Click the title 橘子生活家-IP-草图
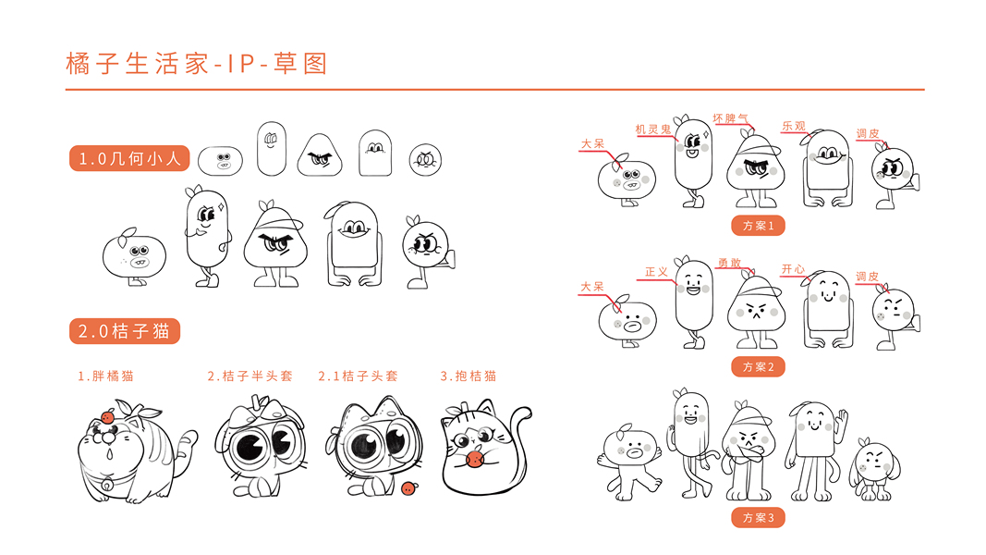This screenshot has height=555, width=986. [197, 64]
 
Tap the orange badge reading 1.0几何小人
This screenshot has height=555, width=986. [129, 159]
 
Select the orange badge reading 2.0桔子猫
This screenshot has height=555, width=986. [125, 331]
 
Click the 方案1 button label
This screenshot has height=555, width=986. [758, 225]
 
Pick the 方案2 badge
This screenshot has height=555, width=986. [758, 367]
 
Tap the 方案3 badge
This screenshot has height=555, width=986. [758, 517]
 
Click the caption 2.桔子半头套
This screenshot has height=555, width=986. [250, 376]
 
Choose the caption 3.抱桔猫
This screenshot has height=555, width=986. [469, 376]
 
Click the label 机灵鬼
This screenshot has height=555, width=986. [653, 129]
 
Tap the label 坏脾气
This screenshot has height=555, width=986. [730, 119]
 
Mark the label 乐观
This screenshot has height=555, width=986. [793, 126]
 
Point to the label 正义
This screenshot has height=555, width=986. [656, 272]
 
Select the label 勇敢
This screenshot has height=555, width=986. [729, 263]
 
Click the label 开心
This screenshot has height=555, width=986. [793, 269]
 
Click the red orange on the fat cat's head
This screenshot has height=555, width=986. [106, 417]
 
